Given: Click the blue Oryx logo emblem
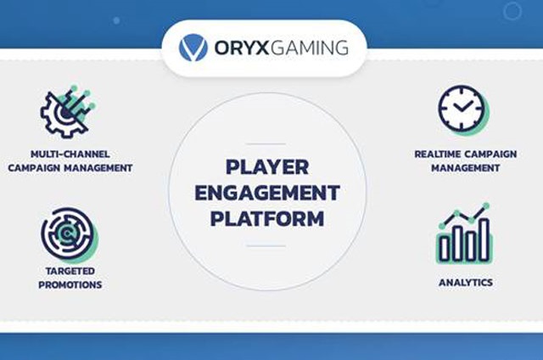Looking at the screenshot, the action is point(193,48).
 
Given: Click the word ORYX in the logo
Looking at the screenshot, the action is point(242,48).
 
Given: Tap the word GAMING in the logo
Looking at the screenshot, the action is point(309,48).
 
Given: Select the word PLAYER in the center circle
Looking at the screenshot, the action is point(267,167).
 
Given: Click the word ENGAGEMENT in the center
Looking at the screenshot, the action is point(267,193).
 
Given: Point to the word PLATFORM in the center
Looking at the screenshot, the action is point(267,219).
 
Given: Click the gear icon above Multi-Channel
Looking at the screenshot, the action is point(67,111).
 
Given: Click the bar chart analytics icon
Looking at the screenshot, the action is point(464,233).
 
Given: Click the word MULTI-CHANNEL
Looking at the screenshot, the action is point(70,154).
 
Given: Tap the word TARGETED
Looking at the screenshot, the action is point(70,271).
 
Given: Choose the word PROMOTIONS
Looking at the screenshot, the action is point(70,284).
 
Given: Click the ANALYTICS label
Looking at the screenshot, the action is point(466,283).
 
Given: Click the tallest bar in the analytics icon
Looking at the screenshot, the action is point(484,239).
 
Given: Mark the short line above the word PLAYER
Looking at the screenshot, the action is point(266,143).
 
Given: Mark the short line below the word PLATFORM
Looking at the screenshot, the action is point(266,246).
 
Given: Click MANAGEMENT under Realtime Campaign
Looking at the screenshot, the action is point(466,168).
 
